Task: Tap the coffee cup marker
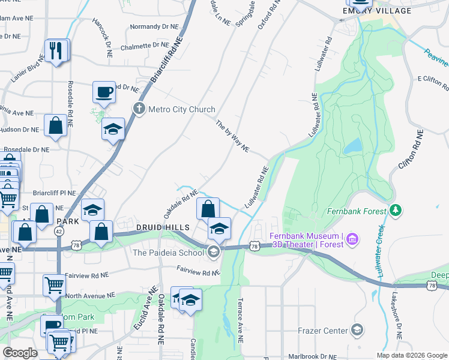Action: coord(104,93)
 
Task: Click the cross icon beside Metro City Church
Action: coord(139,109)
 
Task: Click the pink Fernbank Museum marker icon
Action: coord(352,240)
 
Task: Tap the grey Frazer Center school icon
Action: coord(357,331)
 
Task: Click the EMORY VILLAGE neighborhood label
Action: coord(377,11)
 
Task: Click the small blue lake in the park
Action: coord(354,146)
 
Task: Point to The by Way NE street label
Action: coord(232,136)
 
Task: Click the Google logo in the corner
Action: coord(20,353)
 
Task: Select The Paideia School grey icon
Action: coord(213,252)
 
